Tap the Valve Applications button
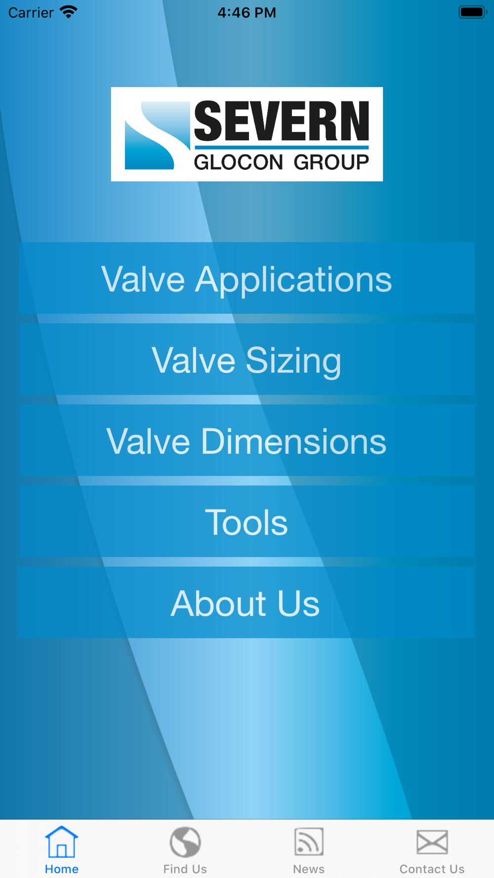click(247, 278)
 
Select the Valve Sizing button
click(247, 359)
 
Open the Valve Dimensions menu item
click(247, 440)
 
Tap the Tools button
click(247, 521)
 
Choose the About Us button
click(246, 602)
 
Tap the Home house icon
click(62, 841)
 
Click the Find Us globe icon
click(185, 842)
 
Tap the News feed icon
click(309, 841)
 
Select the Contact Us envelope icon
click(432, 842)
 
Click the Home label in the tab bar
click(62, 869)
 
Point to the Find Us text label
click(185, 869)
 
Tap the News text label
click(309, 869)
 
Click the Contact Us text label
click(432, 869)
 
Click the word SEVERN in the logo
click(282, 121)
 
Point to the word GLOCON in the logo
click(239, 162)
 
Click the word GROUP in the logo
click(331, 162)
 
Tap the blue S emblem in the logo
click(157, 135)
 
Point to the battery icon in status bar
click(473, 12)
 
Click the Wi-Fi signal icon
click(69, 12)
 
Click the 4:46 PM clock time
click(247, 12)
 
